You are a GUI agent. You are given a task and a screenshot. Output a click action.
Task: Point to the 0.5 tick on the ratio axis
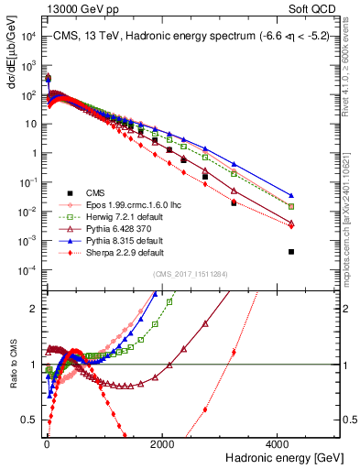tap(33, 420)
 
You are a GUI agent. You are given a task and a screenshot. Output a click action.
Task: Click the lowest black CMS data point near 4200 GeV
tap(291, 251)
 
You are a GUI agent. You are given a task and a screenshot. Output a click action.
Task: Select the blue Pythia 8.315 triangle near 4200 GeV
tap(291, 195)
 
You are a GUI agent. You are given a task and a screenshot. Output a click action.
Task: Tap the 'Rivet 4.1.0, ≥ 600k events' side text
tap(352, 73)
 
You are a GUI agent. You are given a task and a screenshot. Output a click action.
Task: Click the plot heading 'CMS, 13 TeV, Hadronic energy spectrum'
tap(174, 36)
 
